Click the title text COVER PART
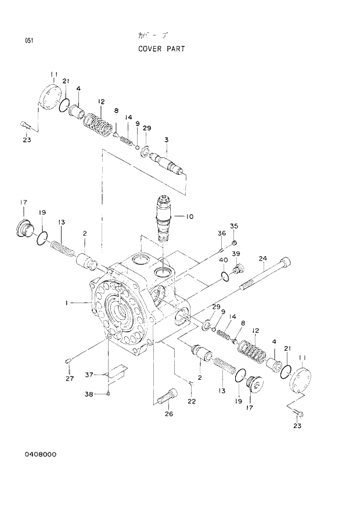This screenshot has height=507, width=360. point(161,49)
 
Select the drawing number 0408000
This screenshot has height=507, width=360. point(40,454)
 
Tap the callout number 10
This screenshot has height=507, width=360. point(189,217)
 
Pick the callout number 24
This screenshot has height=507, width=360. point(262,258)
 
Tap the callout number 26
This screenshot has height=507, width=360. point(169,413)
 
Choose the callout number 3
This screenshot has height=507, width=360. point(167,139)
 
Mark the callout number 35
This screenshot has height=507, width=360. point(234,226)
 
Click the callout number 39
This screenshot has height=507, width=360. point(236,254)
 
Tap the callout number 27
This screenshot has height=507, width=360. point(69,379)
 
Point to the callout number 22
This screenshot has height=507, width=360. point(192,401)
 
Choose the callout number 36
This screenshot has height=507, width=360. point(221,233)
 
